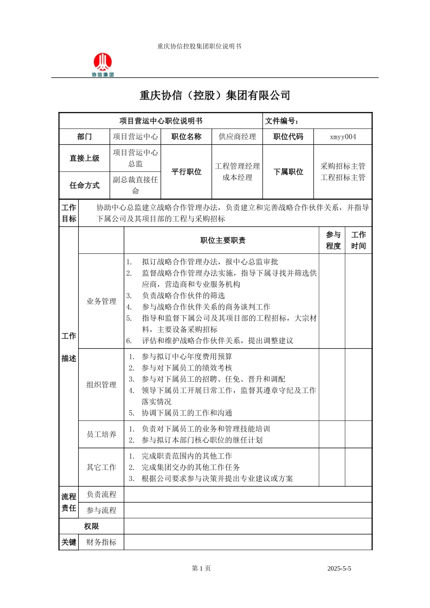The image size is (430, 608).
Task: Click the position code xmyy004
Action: (x=343, y=137)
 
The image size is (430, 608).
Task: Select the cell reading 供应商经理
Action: (x=237, y=137)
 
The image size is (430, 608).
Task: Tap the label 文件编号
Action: (x=282, y=121)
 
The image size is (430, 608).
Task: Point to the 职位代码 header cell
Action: (x=288, y=137)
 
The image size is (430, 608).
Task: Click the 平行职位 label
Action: (x=186, y=172)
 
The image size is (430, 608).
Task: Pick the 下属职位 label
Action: (x=288, y=172)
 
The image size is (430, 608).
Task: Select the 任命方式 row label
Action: (x=84, y=185)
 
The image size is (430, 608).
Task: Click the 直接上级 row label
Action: (x=84, y=158)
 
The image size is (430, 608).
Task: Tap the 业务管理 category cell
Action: (x=101, y=301)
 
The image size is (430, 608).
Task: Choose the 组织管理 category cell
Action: (x=101, y=385)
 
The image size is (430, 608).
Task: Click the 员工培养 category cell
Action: (x=101, y=434)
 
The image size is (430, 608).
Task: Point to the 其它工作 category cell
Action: (x=101, y=467)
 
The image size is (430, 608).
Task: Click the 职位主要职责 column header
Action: (x=223, y=240)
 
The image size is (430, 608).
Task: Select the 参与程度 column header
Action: (x=333, y=240)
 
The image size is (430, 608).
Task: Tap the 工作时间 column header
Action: (x=358, y=240)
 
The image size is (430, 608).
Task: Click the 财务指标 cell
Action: (x=101, y=542)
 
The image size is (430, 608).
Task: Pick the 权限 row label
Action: (x=91, y=526)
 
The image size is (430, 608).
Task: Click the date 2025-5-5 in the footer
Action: (x=339, y=569)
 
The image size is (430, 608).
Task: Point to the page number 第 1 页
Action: (x=201, y=569)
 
